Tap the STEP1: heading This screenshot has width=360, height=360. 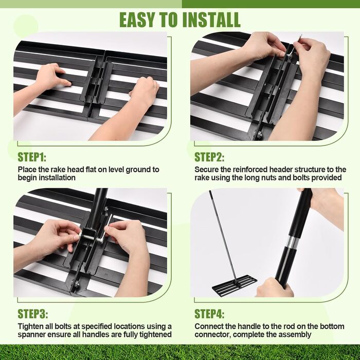pos(32,157)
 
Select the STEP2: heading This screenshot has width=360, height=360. pos(209,157)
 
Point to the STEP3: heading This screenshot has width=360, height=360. pos(33,314)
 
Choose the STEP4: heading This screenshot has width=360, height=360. pos(209,314)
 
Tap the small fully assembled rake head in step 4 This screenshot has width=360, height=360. pos(235,285)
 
